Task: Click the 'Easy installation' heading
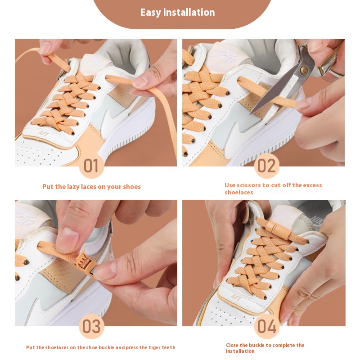tap(177, 12)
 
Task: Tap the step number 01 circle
tap(91, 166)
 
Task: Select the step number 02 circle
tap(266, 166)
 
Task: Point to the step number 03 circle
tap(91, 327)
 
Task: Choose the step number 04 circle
tap(266, 327)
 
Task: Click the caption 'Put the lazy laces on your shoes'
tap(91, 187)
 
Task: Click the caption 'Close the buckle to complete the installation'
tap(265, 348)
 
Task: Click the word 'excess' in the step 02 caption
tap(313, 185)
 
